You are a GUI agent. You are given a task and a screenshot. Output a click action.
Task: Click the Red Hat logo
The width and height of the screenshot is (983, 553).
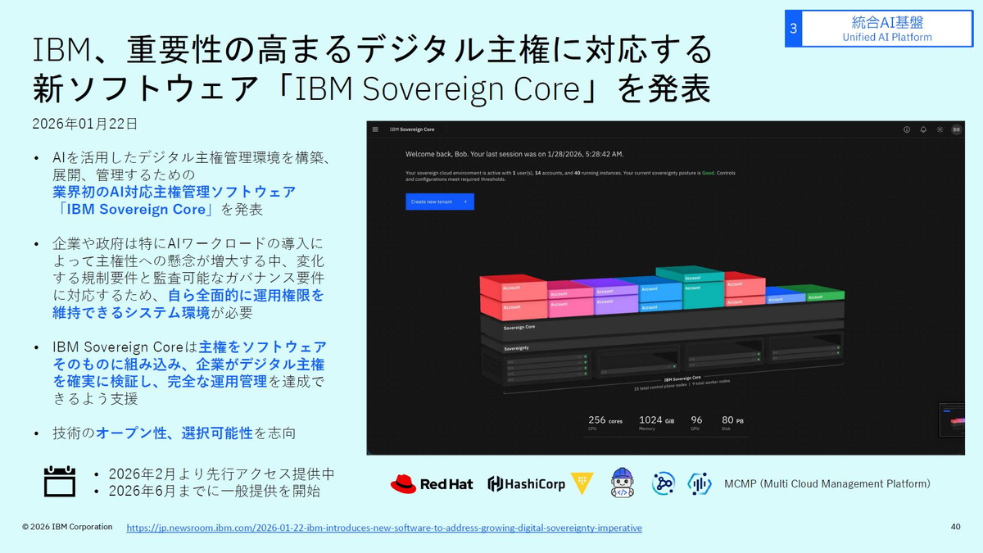click(432, 484)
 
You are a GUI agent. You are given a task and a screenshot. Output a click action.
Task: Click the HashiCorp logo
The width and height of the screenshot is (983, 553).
click(527, 484)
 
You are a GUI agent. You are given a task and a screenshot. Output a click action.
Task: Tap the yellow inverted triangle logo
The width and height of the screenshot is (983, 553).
click(582, 483)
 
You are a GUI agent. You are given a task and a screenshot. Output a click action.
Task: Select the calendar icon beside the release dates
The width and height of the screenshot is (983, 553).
click(60, 482)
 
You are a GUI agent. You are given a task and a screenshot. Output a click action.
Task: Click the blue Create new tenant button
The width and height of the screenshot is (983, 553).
click(439, 202)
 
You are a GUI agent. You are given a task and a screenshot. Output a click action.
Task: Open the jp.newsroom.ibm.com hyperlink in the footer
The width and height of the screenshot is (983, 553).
click(384, 528)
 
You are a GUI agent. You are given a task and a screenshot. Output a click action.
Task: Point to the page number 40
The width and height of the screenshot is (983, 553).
click(955, 527)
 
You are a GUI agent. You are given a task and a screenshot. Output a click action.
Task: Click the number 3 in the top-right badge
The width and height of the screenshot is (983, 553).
click(793, 29)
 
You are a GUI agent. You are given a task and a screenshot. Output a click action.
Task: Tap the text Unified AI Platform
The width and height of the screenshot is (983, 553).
click(887, 37)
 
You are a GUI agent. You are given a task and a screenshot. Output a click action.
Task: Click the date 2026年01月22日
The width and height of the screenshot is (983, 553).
click(85, 124)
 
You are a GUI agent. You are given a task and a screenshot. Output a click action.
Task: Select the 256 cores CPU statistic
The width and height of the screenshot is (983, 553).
click(605, 422)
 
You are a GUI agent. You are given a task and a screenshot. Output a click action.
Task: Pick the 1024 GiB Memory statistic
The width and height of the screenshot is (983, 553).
click(656, 422)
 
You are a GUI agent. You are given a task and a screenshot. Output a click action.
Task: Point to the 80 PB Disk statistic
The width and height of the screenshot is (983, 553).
click(732, 422)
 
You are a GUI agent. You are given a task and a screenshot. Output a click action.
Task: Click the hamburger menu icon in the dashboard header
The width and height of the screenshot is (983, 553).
click(375, 129)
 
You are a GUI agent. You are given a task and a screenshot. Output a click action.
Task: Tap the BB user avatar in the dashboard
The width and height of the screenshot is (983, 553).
click(956, 129)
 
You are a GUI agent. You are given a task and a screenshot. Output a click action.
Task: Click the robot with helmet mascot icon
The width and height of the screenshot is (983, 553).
click(623, 483)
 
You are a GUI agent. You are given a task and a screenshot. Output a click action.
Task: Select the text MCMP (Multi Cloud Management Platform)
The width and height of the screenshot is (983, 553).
click(827, 484)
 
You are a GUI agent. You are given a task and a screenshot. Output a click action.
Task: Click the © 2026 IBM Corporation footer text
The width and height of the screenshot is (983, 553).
click(67, 527)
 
